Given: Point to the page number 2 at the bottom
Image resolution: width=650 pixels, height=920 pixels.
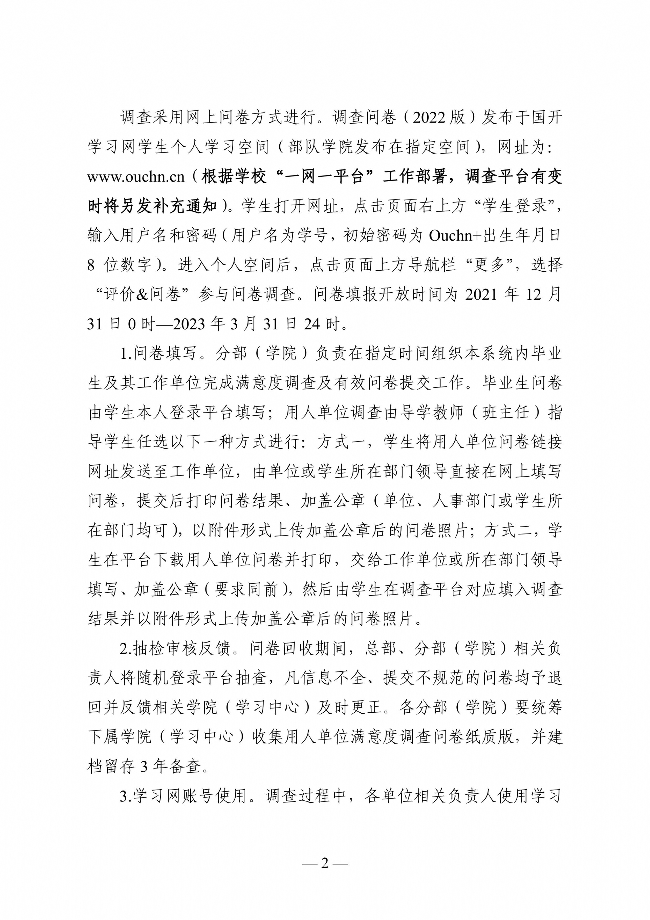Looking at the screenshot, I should (325, 863).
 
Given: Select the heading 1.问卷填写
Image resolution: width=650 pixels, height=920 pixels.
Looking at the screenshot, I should (159, 353).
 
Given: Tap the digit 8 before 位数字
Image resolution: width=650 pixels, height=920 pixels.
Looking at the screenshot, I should (91, 265).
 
